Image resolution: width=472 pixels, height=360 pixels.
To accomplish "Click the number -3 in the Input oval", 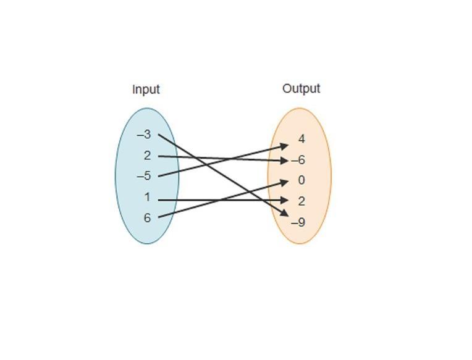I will point(144,135).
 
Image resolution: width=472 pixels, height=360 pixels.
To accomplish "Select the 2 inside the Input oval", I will point(147,156).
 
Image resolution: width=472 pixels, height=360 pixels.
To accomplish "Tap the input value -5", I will point(144,176).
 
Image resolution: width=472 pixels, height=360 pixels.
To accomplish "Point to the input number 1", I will point(147,198).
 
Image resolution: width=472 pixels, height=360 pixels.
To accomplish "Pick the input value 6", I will point(147,218).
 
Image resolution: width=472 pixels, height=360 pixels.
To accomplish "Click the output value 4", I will point(301,139).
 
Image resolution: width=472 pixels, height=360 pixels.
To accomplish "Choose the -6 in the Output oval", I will point(299,160).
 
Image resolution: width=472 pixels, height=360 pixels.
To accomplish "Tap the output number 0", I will point(301,180).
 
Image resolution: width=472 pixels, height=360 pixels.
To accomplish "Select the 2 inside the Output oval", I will point(301,201).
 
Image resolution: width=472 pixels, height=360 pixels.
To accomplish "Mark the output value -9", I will point(299,222).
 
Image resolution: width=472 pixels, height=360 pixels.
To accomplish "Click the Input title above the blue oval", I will point(146,90).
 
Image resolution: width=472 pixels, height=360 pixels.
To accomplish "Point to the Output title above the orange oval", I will point(301,88).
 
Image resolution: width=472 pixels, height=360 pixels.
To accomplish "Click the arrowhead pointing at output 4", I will point(284,146).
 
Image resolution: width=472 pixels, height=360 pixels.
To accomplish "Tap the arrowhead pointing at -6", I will point(284,161).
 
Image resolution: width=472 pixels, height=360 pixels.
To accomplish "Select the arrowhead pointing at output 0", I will point(284,181).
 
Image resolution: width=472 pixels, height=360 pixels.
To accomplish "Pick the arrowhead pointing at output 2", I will point(284,200).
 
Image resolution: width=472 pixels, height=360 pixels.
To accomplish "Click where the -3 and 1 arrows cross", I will point(262,200).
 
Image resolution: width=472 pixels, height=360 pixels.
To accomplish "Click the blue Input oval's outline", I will point(116,176).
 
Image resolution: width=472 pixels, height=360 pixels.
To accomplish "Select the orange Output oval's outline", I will point(331,176).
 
